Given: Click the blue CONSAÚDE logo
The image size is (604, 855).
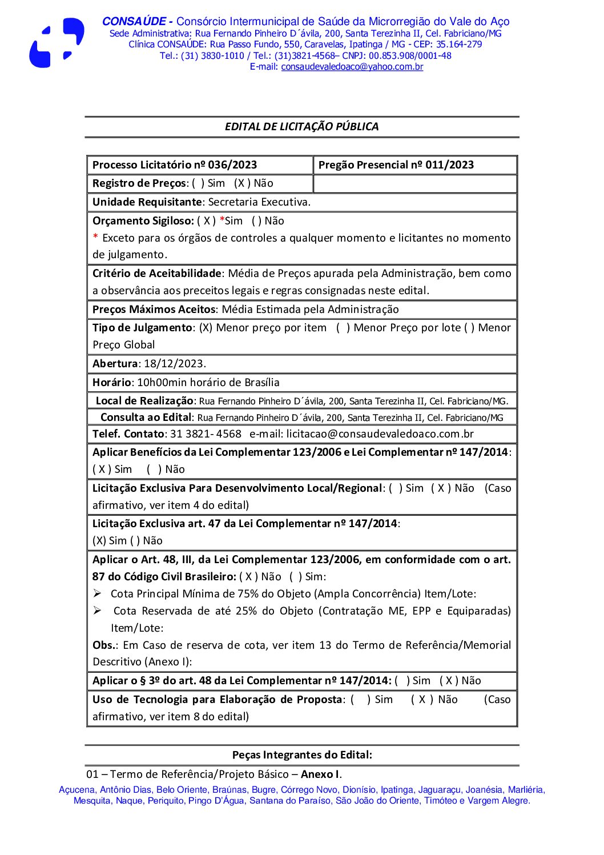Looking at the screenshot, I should coord(57,43).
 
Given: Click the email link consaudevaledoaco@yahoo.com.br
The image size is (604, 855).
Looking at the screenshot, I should coord(352,67).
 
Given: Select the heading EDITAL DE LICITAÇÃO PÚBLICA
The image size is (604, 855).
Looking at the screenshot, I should coord(301,127).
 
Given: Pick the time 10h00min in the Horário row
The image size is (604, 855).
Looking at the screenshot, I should coord(158,383).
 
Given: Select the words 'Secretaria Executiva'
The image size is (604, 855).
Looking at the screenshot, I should coord(259,202).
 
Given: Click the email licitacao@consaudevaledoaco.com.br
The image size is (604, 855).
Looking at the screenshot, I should coord(380,434).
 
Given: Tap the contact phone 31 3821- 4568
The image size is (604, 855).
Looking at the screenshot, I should coord(206,434).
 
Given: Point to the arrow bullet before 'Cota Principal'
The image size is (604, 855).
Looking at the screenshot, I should coord(98,593).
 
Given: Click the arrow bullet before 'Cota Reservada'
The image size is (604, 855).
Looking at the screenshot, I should coord(98,611).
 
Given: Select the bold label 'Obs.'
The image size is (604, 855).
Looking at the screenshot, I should coord(104,645).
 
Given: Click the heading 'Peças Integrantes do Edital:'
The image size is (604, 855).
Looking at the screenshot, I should coord(301,755).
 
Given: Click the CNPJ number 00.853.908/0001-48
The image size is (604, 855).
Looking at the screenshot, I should coord(410,56).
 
